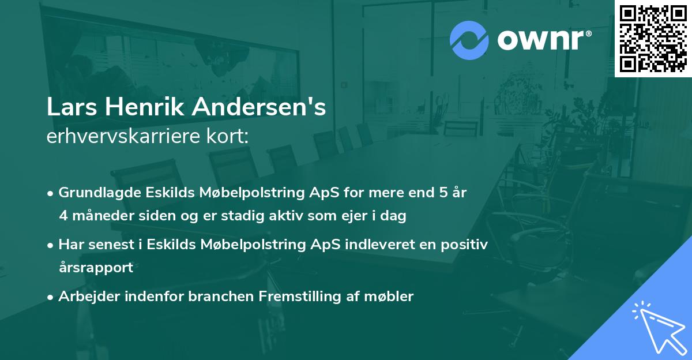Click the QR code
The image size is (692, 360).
click(x=653, y=38)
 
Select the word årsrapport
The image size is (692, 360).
click(x=96, y=268)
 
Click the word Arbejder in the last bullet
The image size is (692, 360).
click(x=85, y=297)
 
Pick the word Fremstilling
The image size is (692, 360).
click(x=294, y=297)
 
